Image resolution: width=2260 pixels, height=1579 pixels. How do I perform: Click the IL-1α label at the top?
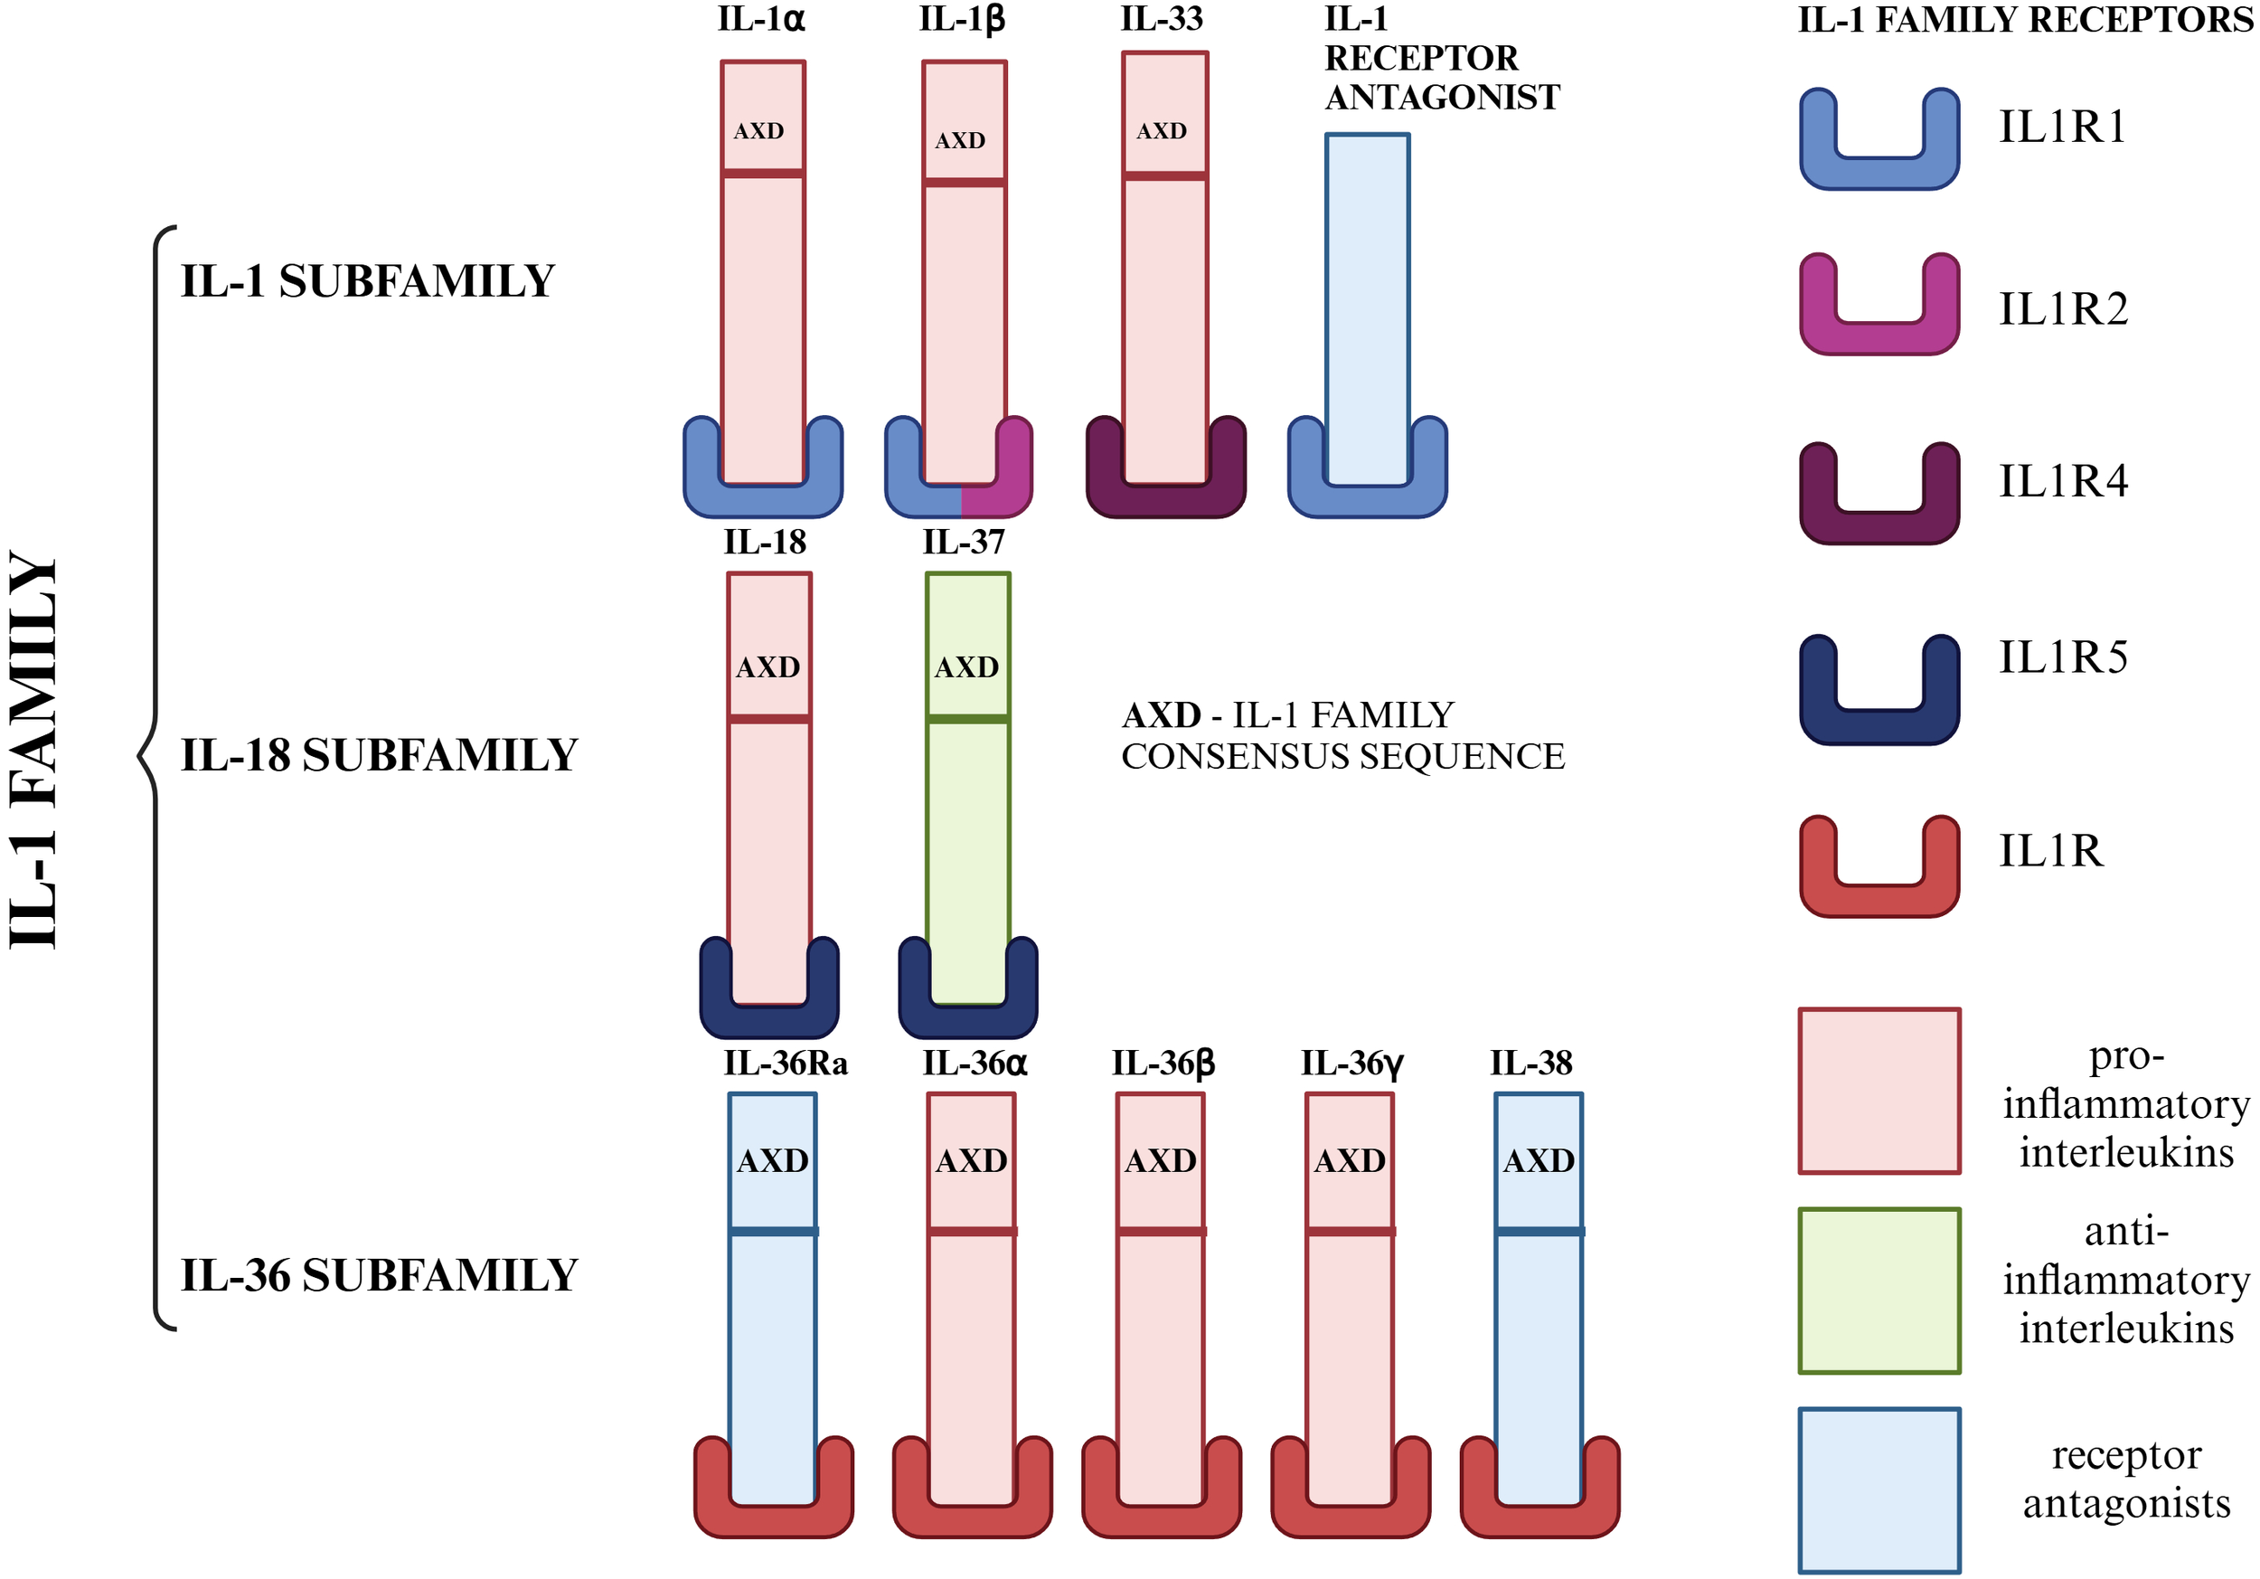coord(761,20)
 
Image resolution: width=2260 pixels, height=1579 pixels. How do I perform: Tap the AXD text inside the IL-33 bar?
coord(1162,131)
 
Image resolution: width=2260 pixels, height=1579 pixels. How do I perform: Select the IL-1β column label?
coord(962,20)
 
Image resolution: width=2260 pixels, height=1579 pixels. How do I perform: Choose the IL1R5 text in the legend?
coord(2062,657)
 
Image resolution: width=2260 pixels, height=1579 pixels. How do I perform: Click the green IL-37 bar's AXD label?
coord(966,667)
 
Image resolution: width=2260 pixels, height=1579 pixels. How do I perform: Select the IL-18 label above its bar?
coord(765,543)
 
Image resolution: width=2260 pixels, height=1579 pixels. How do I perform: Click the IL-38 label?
coord(1530,1064)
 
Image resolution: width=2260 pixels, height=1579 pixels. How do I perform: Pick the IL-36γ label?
coord(1351,1064)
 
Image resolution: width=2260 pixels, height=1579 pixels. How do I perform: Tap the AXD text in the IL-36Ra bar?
coord(773,1161)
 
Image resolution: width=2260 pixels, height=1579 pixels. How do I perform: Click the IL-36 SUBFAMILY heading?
coord(379,1276)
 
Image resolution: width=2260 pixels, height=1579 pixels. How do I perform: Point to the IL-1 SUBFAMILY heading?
coord(367,281)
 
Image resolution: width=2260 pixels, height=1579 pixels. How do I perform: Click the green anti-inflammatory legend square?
coord(1879,1291)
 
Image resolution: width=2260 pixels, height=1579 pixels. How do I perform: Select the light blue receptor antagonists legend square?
coord(1879,1489)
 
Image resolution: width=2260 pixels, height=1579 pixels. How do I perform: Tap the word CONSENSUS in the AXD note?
coord(1233,757)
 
